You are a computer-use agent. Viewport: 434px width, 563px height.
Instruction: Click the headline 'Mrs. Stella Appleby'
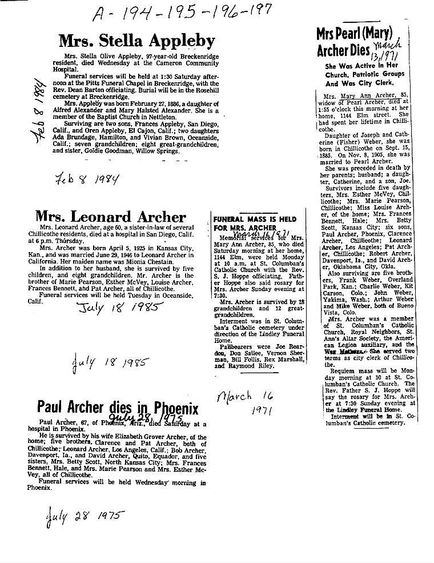tap(137, 41)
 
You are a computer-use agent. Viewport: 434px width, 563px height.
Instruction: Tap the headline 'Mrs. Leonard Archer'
tap(110, 217)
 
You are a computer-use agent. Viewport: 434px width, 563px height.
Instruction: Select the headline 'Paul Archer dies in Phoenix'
tap(118, 408)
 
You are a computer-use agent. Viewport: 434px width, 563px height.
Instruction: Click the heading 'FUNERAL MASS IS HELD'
tap(254, 219)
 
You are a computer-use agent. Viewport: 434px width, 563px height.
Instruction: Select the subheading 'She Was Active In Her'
tap(361, 65)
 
